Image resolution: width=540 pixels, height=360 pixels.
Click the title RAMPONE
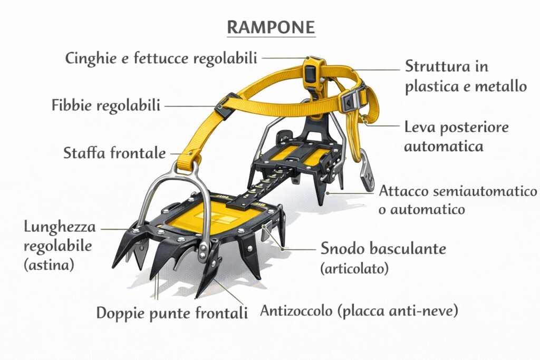point(271,27)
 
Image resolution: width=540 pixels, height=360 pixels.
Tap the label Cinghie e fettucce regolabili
point(161,58)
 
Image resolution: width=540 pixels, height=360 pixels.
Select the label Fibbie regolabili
point(106,105)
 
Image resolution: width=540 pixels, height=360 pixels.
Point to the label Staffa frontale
point(114,152)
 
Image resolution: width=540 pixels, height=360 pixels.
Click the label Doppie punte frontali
point(172,313)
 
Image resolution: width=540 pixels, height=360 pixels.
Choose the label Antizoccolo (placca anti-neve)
point(359,310)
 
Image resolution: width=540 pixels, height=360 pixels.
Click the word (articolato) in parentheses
point(354,268)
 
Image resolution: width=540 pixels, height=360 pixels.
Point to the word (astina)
point(49,265)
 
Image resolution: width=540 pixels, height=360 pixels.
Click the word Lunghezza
point(60,228)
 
